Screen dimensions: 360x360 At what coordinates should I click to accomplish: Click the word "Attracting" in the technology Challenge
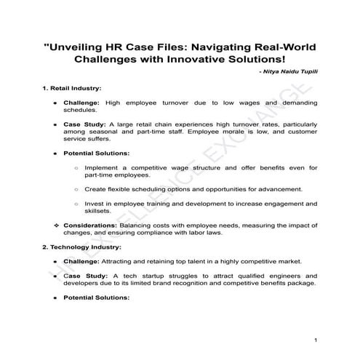127,261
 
